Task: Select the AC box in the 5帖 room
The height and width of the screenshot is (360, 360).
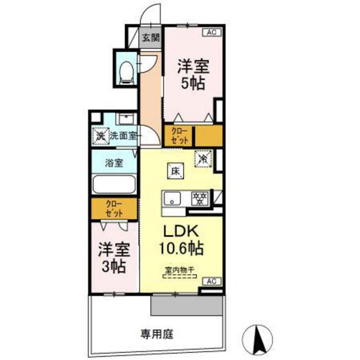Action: [210, 32]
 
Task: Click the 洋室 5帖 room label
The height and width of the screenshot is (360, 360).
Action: [192, 75]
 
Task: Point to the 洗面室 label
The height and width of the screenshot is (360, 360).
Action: [123, 136]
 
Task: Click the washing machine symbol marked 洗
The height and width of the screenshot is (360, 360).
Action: [100, 136]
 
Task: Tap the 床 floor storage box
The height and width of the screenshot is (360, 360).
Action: [175, 170]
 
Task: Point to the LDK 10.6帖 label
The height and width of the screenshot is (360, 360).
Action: [182, 239]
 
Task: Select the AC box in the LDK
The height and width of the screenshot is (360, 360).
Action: [210, 282]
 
